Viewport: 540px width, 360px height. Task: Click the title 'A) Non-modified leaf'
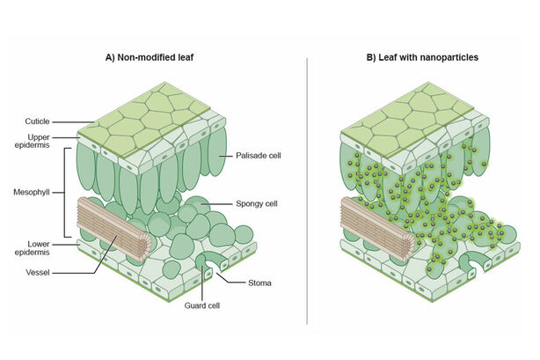pos(150,57)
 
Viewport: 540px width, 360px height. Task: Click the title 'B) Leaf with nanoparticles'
pos(422,57)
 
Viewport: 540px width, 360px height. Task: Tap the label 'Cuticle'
pos(37,121)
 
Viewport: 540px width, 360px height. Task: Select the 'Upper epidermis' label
pos(33,141)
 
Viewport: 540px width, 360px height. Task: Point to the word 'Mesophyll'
pos(32,192)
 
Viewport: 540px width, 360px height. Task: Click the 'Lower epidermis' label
pos(33,248)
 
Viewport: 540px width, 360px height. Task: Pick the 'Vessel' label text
pos(38,272)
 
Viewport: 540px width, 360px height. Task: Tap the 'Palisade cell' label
pos(259,156)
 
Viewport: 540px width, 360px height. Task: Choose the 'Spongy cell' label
pos(257,204)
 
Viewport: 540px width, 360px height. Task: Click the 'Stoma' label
pos(259,283)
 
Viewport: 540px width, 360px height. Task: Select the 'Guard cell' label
pos(202,305)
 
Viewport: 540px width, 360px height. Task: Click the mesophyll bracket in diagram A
pos(65,193)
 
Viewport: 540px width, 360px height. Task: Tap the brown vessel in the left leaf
pos(114,229)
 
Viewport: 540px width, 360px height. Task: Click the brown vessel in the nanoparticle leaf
pos(378,229)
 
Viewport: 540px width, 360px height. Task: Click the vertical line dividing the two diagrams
pos(307,191)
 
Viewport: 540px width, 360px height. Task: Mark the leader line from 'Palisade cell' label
pos(225,156)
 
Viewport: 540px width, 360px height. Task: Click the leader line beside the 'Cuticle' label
pos(73,121)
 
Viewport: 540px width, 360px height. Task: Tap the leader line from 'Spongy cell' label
pos(217,204)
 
